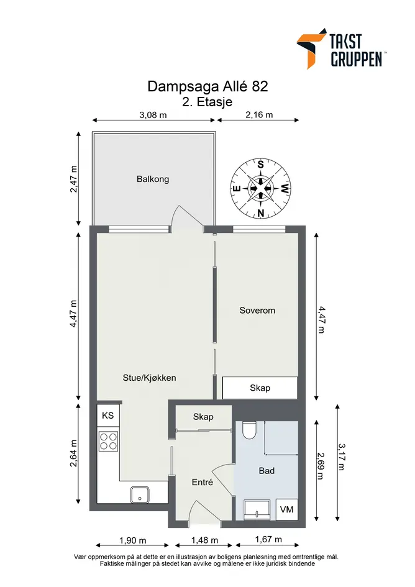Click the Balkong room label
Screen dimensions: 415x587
[x=153, y=179]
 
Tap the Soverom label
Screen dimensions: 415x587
[x=257, y=311]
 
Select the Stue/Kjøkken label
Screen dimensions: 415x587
[x=150, y=378]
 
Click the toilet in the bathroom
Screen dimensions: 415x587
[x=249, y=430]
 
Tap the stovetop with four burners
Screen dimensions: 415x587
[x=108, y=440]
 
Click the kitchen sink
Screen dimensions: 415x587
[x=140, y=495]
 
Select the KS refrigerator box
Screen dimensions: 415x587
[x=108, y=415]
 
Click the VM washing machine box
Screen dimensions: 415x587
[x=287, y=509]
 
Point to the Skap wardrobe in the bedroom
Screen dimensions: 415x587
[x=260, y=388]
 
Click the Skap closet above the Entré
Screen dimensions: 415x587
[x=203, y=417]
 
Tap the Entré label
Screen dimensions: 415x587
[x=203, y=482]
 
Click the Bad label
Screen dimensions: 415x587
[x=267, y=471]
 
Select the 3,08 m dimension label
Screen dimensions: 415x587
[x=153, y=115]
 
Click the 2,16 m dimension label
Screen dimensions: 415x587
[x=259, y=114]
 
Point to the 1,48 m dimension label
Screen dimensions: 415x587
[x=204, y=540]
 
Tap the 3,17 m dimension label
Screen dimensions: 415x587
[x=342, y=457]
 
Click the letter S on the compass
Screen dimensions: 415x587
[x=261, y=164]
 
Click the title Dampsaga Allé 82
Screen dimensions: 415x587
[x=207, y=86]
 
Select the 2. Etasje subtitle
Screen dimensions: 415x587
[x=207, y=102]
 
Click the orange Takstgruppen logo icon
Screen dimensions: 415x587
[x=311, y=48]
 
